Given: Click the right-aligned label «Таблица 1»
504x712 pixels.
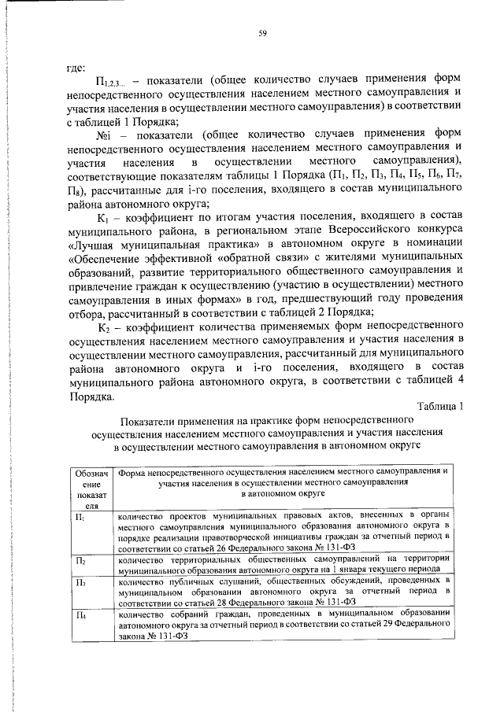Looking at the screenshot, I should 440,405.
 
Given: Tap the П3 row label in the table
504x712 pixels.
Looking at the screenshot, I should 80,581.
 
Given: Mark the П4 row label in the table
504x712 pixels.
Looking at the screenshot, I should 80,614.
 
